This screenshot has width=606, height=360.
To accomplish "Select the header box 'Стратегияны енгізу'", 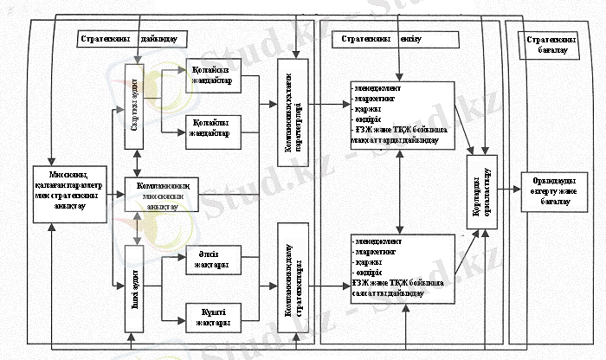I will [382, 40].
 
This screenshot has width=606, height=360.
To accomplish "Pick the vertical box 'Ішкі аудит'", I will [133, 289].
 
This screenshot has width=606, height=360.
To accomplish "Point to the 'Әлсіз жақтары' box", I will [211, 260].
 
